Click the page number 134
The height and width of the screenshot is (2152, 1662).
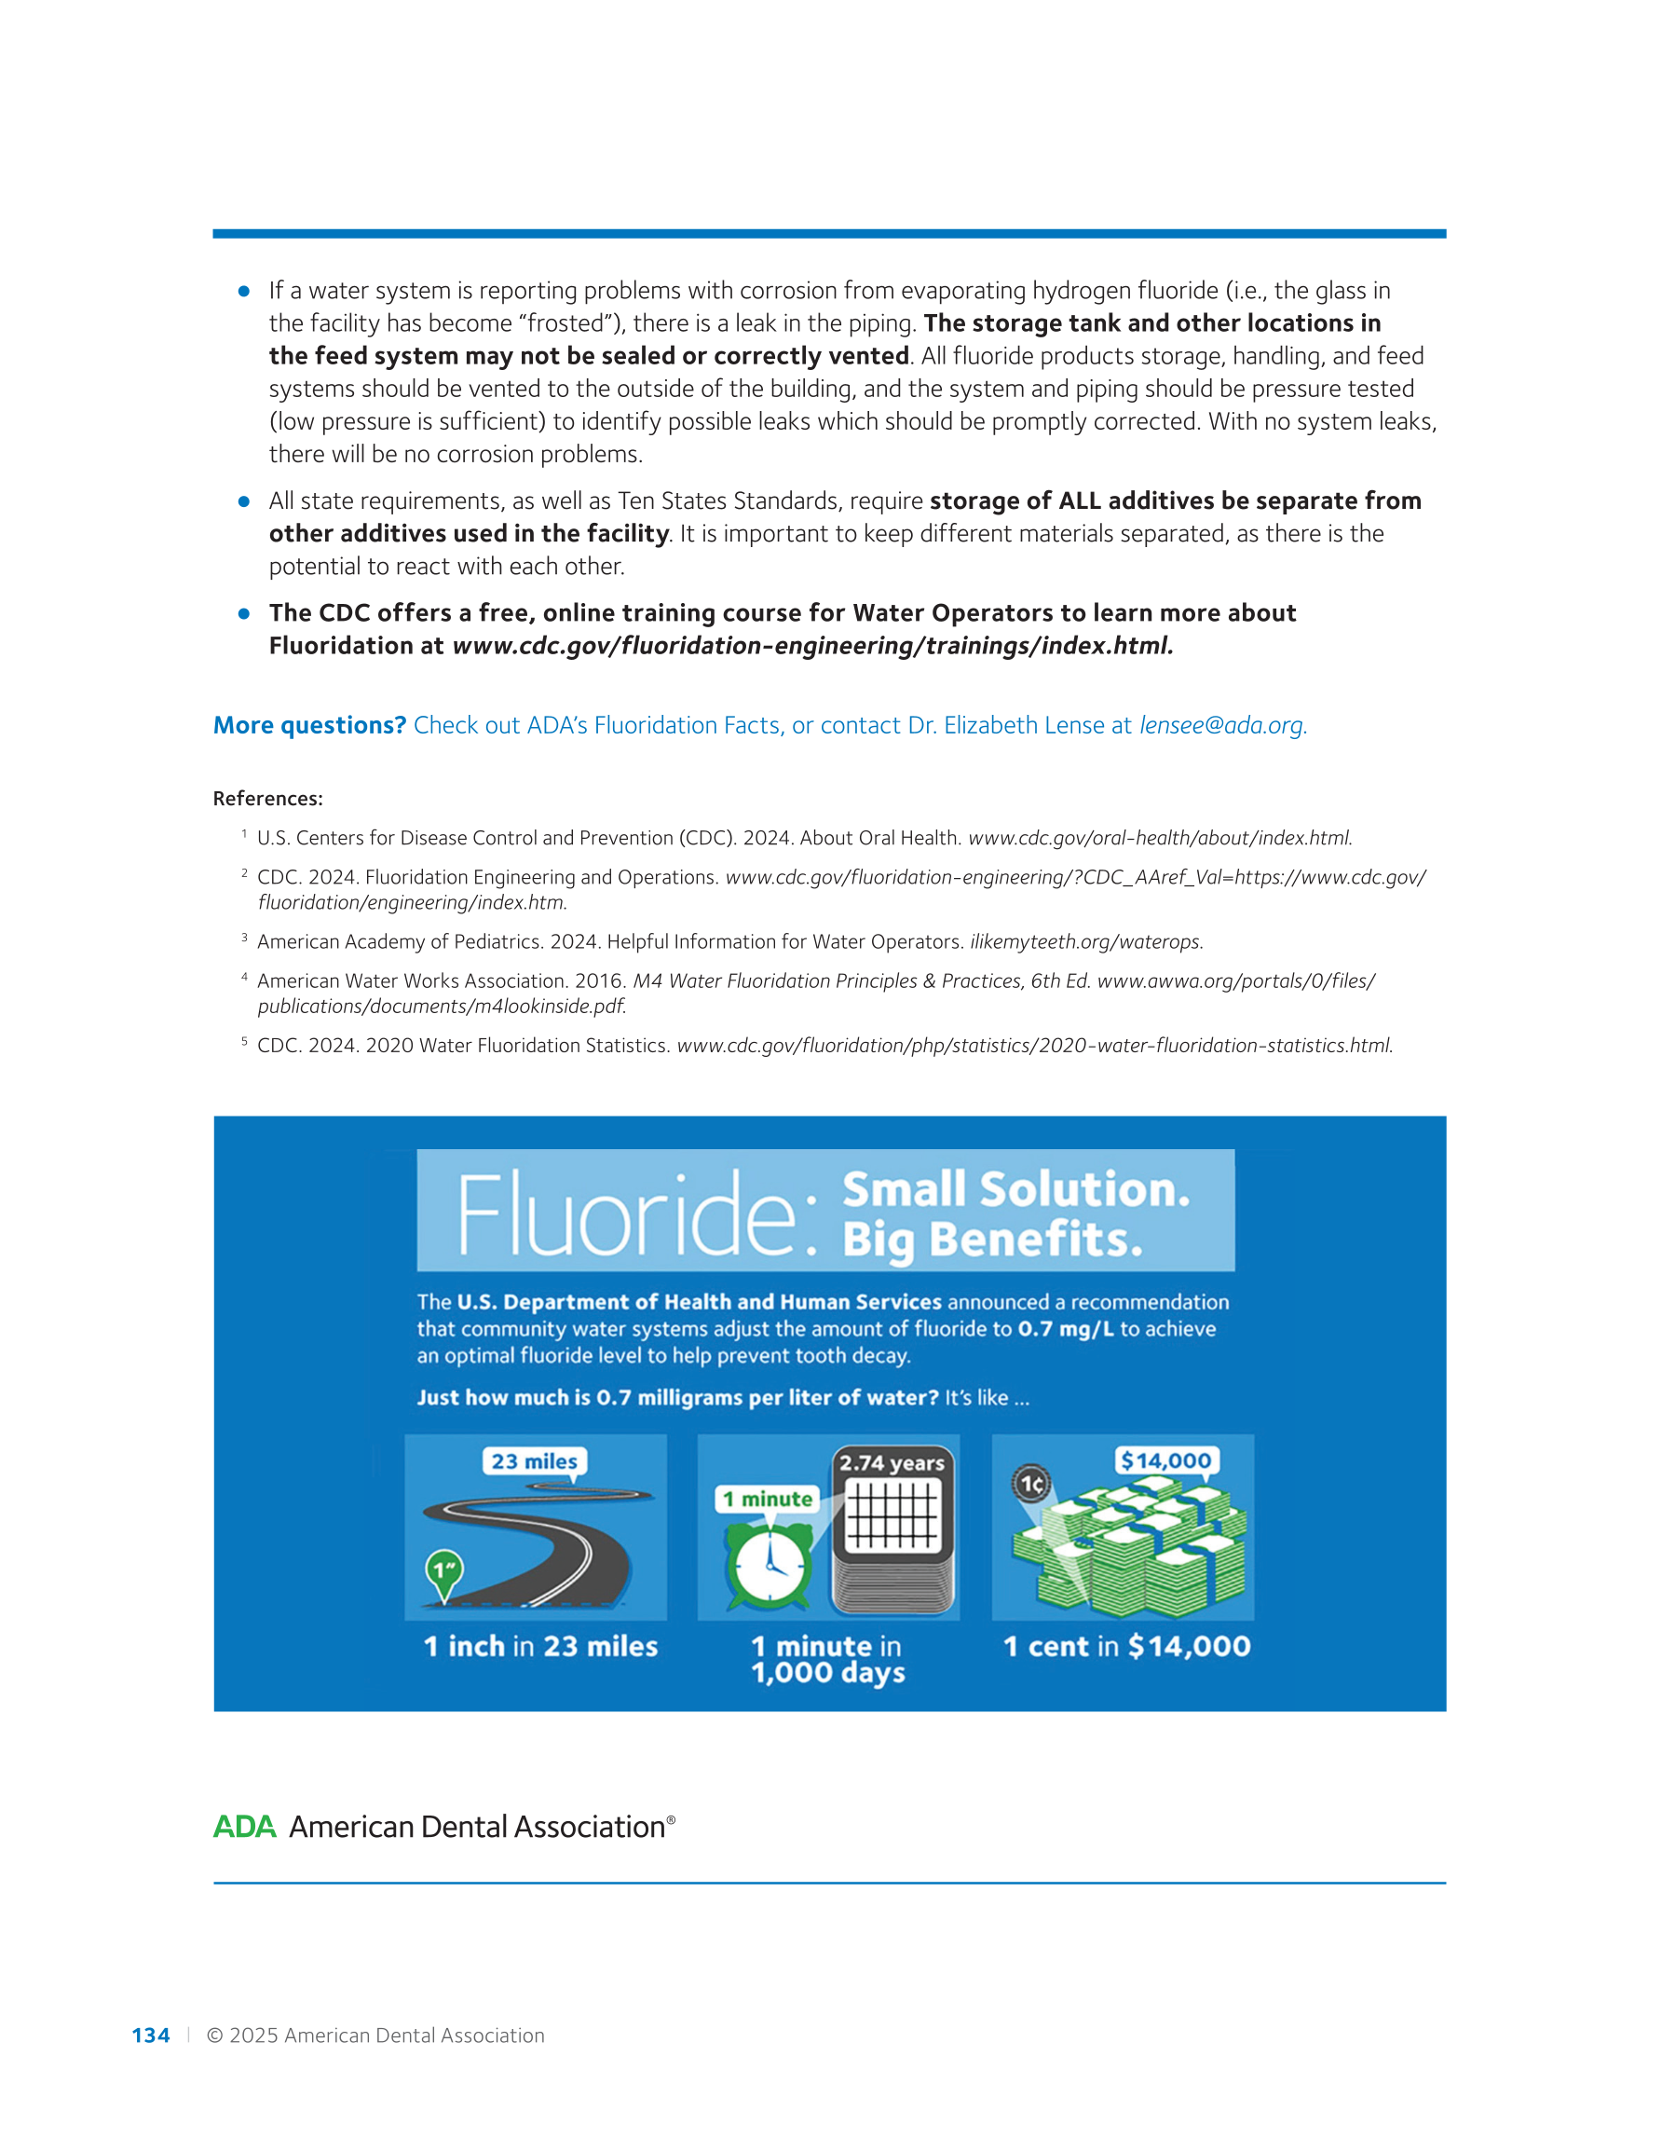(151, 2035)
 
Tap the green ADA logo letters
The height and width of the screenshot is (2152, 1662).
(244, 1826)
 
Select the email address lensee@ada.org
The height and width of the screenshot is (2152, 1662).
(1222, 725)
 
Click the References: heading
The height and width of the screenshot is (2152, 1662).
(268, 798)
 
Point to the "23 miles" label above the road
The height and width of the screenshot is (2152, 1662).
(534, 1461)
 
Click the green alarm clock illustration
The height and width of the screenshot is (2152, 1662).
(770, 1564)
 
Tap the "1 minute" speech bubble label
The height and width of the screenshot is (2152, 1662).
(768, 1499)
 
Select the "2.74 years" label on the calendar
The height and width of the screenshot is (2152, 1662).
(892, 1463)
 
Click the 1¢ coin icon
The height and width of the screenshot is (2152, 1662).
(1031, 1483)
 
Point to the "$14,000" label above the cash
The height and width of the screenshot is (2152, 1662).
(1166, 1460)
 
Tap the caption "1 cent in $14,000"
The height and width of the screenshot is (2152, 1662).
(1126, 1647)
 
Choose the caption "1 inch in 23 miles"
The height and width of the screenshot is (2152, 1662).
(541, 1647)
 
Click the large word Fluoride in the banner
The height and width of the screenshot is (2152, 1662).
(627, 1214)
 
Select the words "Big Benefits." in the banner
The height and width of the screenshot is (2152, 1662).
(992, 1240)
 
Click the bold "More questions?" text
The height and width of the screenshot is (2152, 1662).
(309, 725)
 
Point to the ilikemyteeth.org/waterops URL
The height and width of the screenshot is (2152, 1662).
(1085, 942)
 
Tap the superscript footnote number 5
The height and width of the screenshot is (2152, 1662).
(244, 1040)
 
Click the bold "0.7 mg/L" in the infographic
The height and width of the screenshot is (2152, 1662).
(1065, 1328)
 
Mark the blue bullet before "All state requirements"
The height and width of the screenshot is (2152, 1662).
(244, 501)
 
